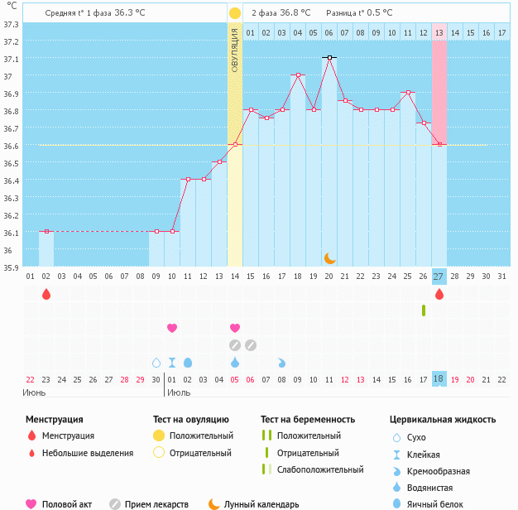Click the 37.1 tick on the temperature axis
(11, 60)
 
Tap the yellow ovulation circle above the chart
(235, 13)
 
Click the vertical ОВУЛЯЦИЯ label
(235, 49)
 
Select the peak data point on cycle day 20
(329, 58)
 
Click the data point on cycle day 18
(298, 75)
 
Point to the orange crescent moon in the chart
(329, 257)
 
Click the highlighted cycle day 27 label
(439, 276)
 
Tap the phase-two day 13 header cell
(439, 32)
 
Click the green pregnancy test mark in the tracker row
(423, 310)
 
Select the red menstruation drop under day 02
(46, 294)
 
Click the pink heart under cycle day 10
(172, 328)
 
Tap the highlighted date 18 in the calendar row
(439, 378)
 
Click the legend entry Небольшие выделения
(88, 453)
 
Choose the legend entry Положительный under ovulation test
(201, 435)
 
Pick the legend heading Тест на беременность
(308, 419)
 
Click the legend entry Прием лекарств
(161, 504)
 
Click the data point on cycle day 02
(46, 232)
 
